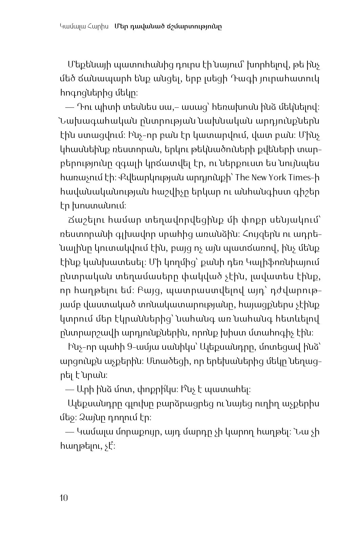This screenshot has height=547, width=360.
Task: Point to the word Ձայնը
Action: [87, 418]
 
